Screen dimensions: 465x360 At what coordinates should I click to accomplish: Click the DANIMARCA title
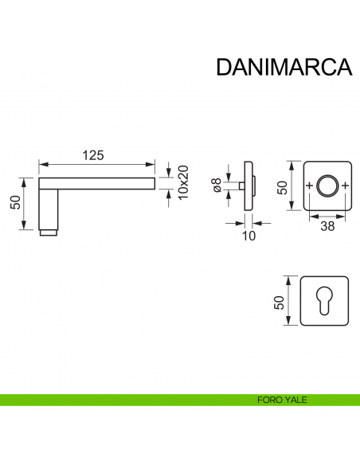[x=284, y=66]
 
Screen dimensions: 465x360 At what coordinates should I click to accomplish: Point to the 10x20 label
[x=182, y=182]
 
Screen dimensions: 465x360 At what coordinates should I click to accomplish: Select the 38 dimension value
[x=327, y=225]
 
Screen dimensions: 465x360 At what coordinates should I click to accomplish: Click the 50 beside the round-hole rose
[x=280, y=186]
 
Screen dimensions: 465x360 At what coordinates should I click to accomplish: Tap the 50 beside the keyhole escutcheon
[x=280, y=301]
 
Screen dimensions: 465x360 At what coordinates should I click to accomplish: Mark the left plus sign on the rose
[x=309, y=187]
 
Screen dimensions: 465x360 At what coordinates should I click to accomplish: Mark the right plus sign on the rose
[x=345, y=187]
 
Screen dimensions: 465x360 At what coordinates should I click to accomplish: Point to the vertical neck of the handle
[x=49, y=207]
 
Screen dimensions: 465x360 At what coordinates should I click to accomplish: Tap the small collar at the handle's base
[x=49, y=234]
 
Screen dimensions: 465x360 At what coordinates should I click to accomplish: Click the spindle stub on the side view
[x=237, y=186]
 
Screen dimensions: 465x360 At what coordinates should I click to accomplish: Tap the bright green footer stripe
[x=119, y=401]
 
